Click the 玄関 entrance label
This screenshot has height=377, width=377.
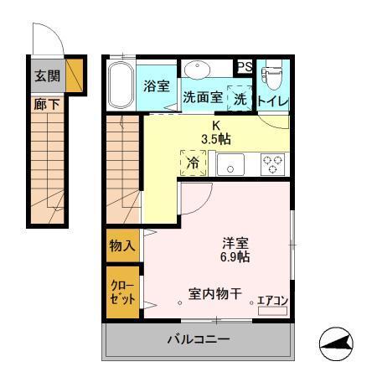(47, 75)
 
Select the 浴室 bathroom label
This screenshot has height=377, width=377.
(156, 85)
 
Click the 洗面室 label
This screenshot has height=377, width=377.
(203, 96)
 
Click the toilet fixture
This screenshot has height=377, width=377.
(271, 78)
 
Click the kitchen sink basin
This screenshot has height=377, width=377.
(230, 164)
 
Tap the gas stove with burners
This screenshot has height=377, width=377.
(273, 163)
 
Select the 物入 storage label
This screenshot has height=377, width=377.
(122, 245)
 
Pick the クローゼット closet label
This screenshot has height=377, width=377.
(122, 292)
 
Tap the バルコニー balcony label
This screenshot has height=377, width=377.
(198, 340)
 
